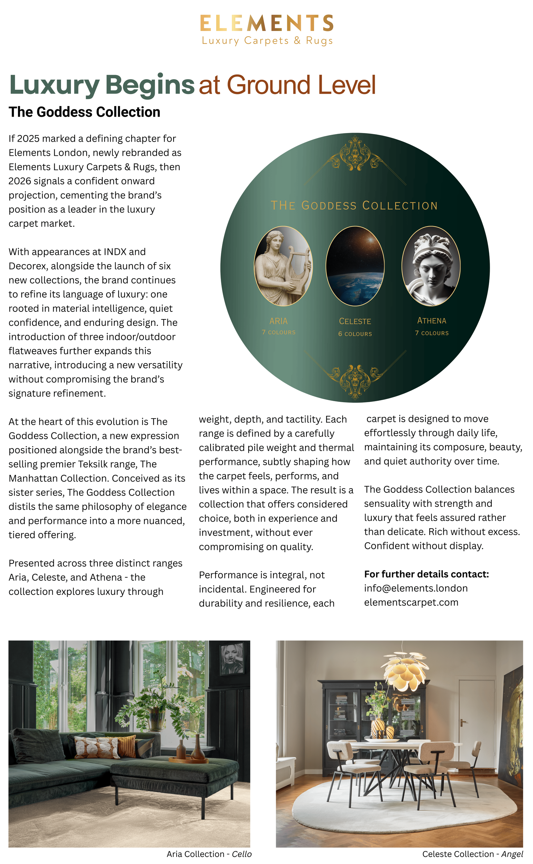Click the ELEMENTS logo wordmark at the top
[266, 23]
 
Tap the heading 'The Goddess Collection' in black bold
[85, 112]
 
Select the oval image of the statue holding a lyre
[283, 266]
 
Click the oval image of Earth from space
[355, 266]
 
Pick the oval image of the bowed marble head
[431, 266]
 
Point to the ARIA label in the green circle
[278, 321]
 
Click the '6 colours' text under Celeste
[355, 334]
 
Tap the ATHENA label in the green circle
[431, 321]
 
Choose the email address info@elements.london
[416, 588]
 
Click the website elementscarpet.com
[411, 602]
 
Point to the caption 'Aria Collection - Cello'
[209, 854]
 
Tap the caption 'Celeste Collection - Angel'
[472, 854]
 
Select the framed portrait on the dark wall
[232, 658]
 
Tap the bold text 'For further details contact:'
[426, 574]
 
